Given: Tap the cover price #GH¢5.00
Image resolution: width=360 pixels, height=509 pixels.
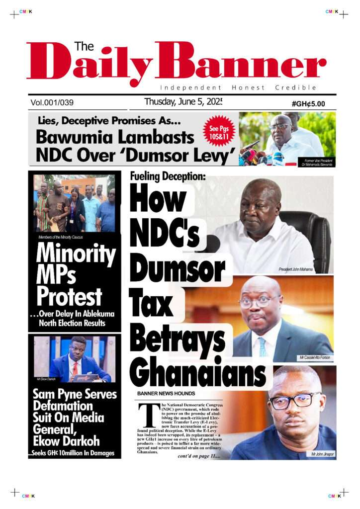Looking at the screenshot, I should (308, 104).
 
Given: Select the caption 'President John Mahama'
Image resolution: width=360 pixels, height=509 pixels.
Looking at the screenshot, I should (296, 269).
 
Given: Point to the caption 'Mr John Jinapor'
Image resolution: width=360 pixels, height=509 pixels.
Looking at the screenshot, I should (322, 454).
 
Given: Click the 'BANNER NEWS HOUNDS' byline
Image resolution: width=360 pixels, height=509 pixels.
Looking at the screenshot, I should (166, 394).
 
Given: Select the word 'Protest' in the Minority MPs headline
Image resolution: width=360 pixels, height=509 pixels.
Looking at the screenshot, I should (69, 297).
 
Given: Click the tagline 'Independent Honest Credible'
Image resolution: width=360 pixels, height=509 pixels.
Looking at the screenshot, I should (238, 88).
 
